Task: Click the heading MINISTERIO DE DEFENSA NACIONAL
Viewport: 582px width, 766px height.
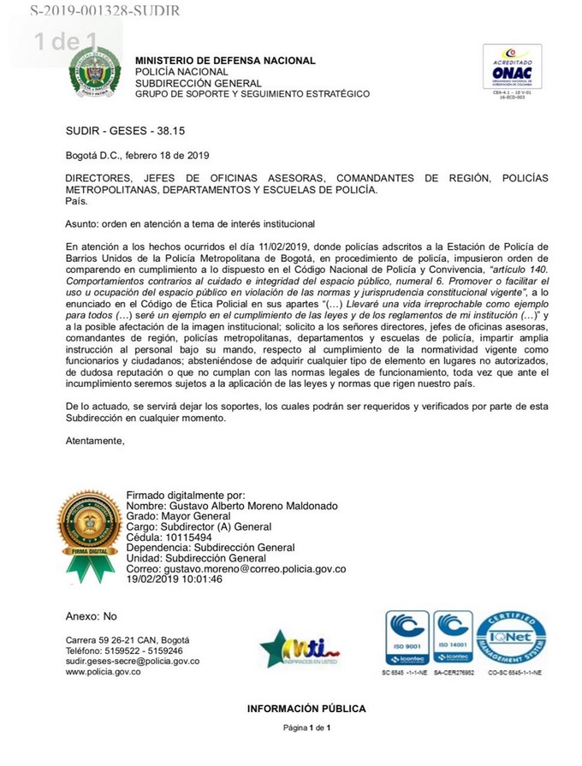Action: [225, 61]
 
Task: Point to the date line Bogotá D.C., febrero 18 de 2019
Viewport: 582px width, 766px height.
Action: [137, 155]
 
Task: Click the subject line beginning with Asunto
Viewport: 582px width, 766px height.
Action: [190, 223]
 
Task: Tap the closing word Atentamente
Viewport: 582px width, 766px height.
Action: [95, 441]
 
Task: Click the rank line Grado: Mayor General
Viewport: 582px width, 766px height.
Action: [179, 516]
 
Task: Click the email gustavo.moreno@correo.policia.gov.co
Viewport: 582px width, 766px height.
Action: [235, 568]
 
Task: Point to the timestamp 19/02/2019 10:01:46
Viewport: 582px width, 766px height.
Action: [174, 579]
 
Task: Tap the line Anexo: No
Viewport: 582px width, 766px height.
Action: [91, 616]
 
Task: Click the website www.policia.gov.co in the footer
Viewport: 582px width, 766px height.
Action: [103, 672]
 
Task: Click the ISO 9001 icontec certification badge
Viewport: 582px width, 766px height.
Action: [406, 638]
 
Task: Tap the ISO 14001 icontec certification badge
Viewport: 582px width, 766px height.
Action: [452, 638]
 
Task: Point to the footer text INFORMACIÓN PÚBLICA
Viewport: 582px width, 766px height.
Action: [306, 709]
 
